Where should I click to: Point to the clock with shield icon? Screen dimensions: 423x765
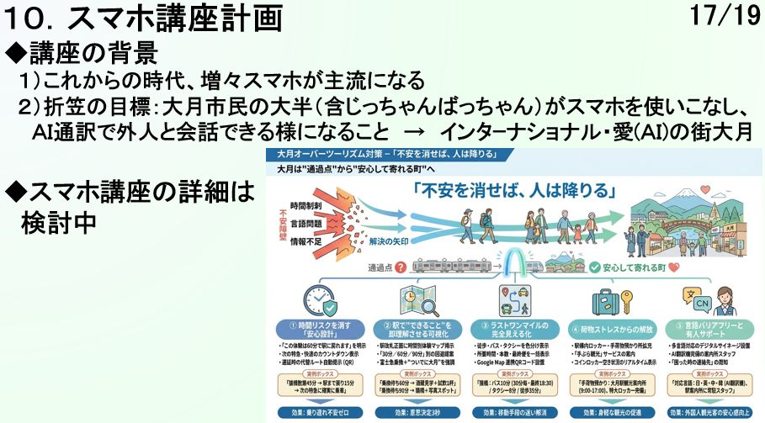pyautogui.click(x=319, y=299)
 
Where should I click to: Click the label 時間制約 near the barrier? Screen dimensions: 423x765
pyautogui.click(x=305, y=205)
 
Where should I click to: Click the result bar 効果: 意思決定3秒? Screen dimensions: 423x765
pyautogui.click(x=413, y=413)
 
